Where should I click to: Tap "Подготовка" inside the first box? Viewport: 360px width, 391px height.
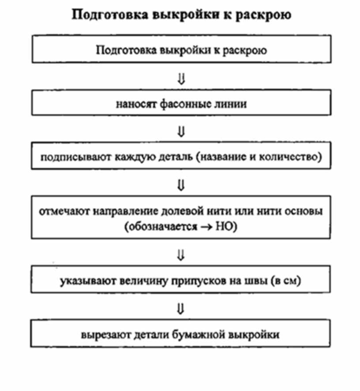[121, 49]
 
